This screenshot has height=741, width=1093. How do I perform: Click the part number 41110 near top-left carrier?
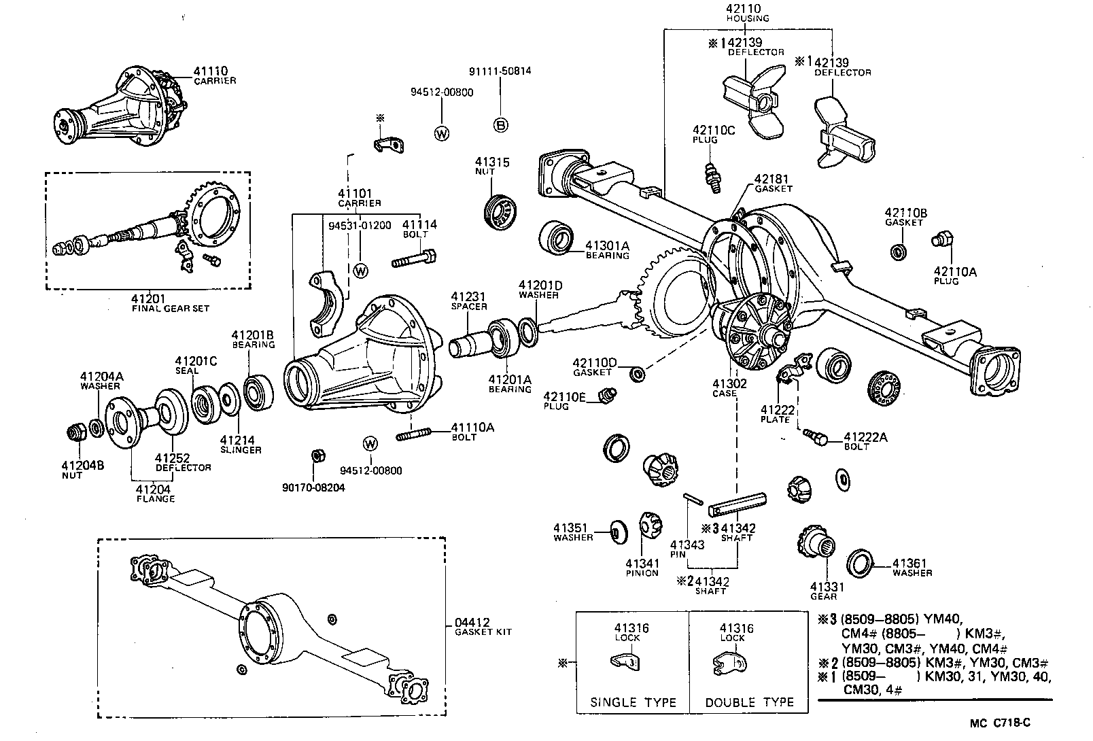point(210,71)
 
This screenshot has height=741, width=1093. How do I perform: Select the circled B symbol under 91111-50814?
point(500,124)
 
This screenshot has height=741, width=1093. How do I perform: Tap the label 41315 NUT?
point(492,167)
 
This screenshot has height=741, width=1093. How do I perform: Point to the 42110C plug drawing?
point(712,177)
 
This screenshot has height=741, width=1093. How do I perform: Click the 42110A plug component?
point(942,239)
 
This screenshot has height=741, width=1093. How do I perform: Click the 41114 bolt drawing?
point(413,259)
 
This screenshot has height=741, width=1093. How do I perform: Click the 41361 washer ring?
point(860,563)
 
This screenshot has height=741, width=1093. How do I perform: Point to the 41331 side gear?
point(815,547)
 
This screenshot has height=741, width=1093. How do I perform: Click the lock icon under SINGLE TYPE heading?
point(626,662)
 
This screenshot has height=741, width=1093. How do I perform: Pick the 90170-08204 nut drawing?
point(315,455)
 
